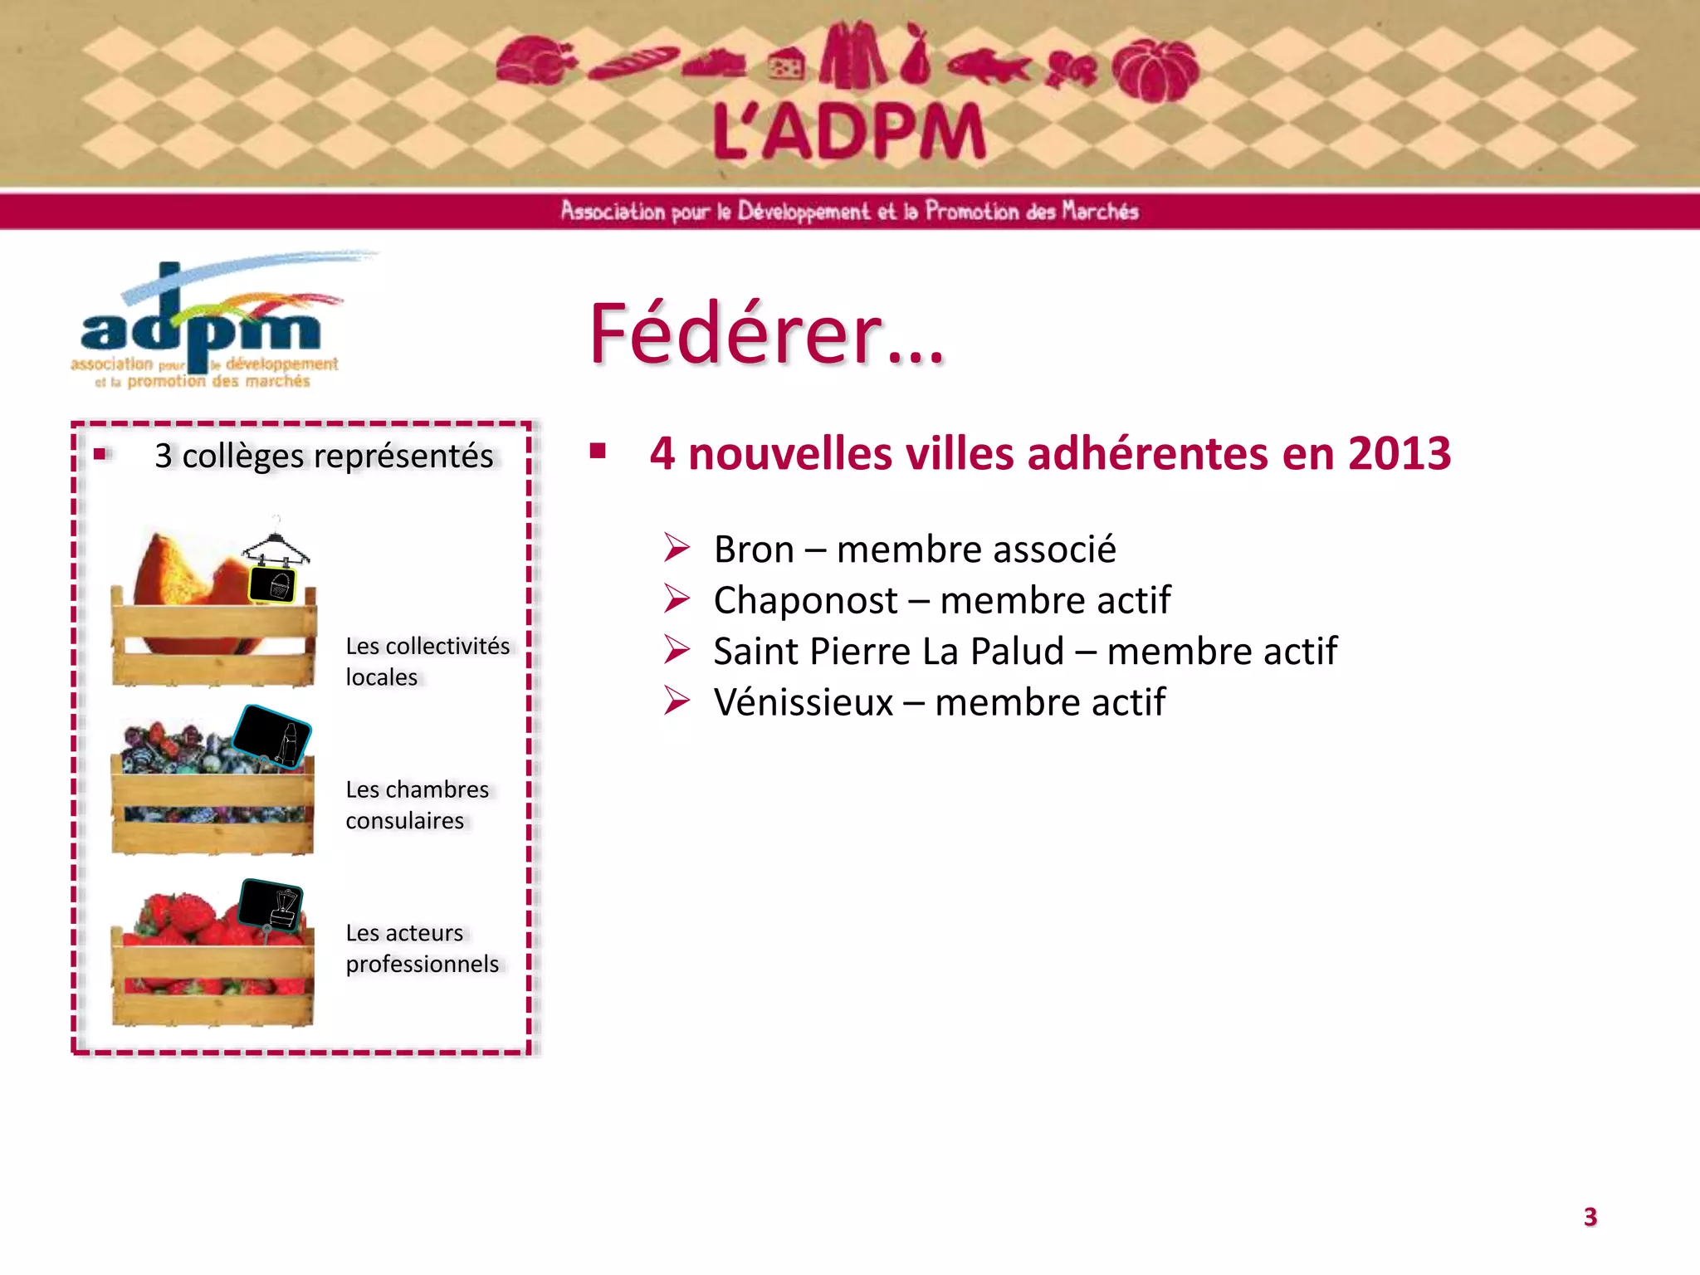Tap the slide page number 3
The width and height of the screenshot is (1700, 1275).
tap(1590, 1217)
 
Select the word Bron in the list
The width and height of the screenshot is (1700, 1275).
tap(754, 550)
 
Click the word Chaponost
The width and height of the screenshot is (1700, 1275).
tap(805, 600)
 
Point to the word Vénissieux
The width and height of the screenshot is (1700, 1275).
tap(803, 702)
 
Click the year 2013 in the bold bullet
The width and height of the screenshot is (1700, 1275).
tap(1399, 454)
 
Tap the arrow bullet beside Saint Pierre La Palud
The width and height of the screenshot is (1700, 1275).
tap(677, 650)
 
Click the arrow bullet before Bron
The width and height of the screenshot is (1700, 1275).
tap(677, 548)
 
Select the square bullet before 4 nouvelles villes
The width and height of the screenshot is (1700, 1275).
tap(598, 452)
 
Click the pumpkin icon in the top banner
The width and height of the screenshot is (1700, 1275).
tap(1155, 70)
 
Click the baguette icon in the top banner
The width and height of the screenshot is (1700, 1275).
tap(633, 63)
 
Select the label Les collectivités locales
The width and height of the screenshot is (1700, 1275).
tap(427, 662)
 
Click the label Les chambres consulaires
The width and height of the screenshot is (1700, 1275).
tap(417, 804)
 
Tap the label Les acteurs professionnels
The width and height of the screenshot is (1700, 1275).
tap(422, 948)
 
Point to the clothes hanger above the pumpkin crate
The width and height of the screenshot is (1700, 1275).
tap(276, 544)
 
